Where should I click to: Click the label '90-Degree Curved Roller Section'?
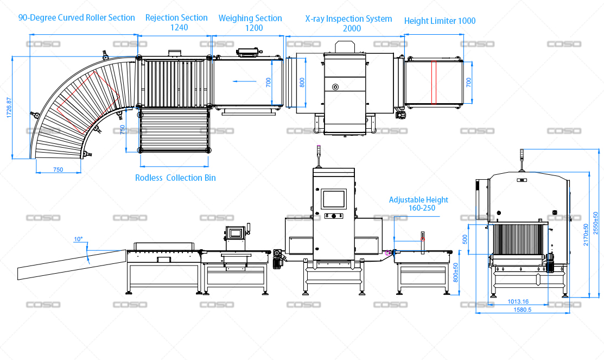point(77,18)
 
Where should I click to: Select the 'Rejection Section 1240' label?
point(176,22)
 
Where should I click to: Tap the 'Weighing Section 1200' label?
point(250,23)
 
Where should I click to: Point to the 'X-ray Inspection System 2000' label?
point(348,23)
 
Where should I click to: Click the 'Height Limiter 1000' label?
point(440,21)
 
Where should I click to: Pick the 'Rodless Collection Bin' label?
point(175,178)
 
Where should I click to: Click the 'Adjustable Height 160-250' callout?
point(419,204)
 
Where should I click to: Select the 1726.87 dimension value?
point(9,108)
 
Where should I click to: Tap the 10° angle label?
point(78,239)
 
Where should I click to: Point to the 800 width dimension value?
point(302,82)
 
